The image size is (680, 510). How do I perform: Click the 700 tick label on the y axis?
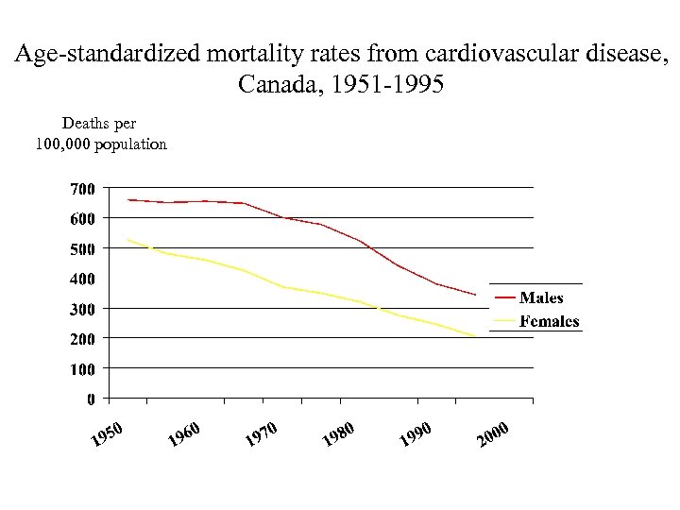tap(82, 189)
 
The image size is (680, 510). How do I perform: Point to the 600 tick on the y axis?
tap(82, 218)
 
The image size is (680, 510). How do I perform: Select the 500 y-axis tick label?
tap(82, 248)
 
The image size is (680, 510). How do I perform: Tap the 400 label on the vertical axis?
tap(82, 279)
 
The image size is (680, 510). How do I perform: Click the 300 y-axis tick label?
tap(82, 309)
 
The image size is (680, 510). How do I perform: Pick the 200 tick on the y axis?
tap(82, 338)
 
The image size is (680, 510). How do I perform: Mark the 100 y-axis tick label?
tap(82, 368)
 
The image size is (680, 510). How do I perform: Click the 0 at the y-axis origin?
tap(91, 399)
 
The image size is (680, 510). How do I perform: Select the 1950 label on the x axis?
tap(108, 433)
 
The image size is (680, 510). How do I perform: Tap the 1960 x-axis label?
tap(185, 433)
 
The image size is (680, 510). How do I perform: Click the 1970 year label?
tap(262, 433)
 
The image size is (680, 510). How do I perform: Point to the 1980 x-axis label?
tap(338, 433)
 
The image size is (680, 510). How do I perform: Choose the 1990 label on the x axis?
tap(416, 433)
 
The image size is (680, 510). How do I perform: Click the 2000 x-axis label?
tap(493, 433)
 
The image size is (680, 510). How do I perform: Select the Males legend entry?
tap(541, 298)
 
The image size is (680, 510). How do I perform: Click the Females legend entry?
tap(549, 321)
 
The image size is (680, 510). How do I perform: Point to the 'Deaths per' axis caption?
tap(99, 124)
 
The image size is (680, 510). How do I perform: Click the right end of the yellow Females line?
tap(476, 336)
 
